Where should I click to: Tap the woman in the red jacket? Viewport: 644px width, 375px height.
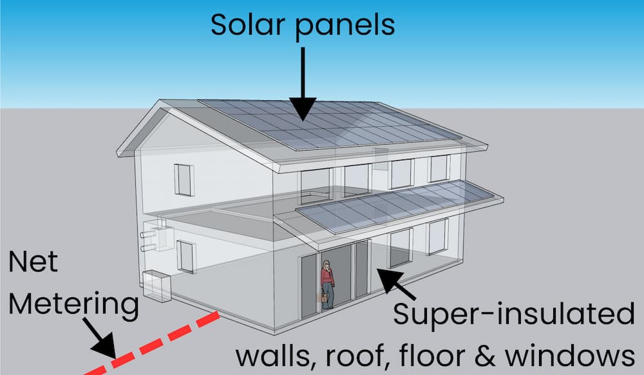pyautogui.click(x=328, y=283)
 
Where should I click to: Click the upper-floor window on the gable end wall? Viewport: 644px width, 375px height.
pyautogui.click(x=184, y=179)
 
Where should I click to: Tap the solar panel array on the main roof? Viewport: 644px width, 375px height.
pyautogui.click(x=328, y=122)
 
